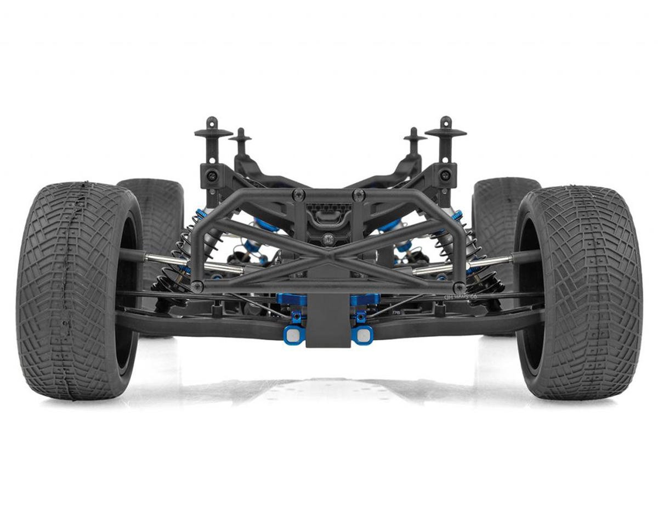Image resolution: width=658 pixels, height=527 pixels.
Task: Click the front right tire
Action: pos(581,291)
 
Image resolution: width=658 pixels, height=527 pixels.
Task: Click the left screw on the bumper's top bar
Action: pos(298,194)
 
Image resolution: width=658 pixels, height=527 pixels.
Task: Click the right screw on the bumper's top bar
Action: pos(359,194)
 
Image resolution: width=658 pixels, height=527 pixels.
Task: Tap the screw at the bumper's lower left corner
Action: pos(197,286)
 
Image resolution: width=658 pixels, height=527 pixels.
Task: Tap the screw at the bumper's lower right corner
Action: pos(459,286)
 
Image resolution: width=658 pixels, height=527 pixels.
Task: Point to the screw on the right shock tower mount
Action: pos(445,175)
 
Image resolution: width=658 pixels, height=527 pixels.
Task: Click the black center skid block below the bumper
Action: pos(327,324)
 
